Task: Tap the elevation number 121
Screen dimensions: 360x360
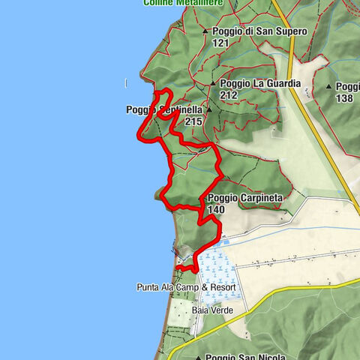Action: pos(220,43)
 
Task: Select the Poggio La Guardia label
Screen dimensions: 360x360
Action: pos(256,84)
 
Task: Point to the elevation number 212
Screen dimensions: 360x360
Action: pos(229,96)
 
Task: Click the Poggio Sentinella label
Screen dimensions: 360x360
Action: pos(164,109)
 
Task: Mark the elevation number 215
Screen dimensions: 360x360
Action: pos(193,121)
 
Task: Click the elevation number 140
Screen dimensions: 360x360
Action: pos(216,210)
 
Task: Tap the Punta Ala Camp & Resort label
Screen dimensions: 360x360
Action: pos(186,287)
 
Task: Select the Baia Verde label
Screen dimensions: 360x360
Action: pos(211,310)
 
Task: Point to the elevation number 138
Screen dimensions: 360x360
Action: pos(344,98)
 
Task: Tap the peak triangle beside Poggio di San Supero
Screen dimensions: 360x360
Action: pos(205,31)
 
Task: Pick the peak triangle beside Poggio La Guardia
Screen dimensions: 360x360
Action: pos(213,84)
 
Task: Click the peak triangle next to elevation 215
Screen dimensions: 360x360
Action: pos(209,109)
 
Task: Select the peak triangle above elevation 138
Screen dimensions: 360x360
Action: pos(328,87)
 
